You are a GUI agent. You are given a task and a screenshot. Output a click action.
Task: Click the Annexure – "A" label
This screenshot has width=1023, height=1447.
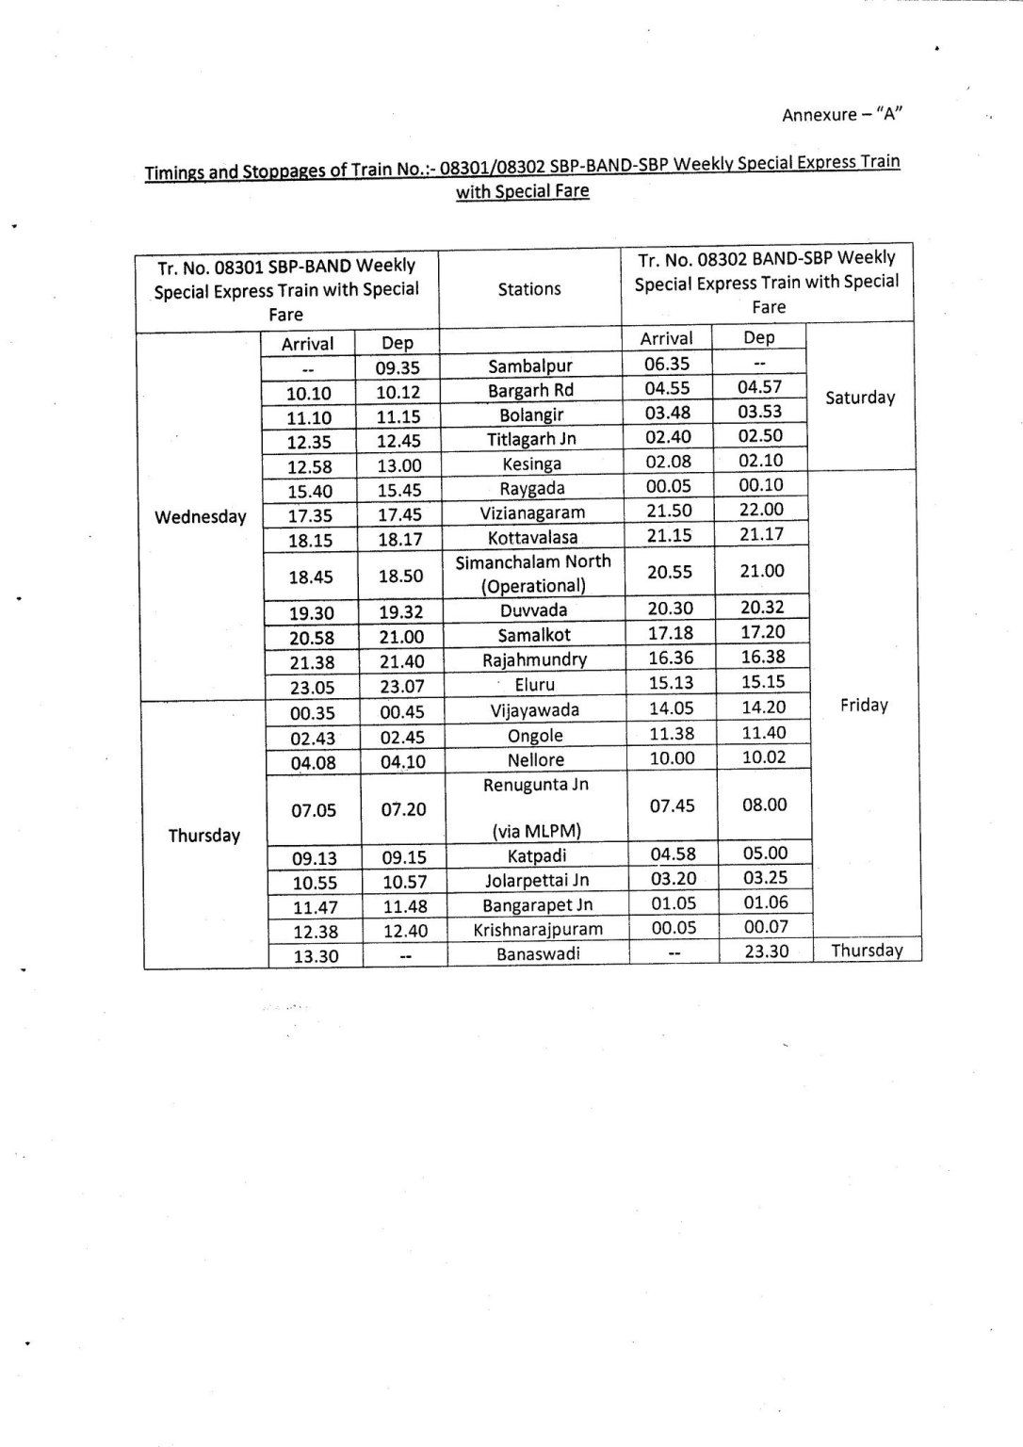842,115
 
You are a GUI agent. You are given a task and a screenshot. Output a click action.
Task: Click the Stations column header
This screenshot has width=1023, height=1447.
528,289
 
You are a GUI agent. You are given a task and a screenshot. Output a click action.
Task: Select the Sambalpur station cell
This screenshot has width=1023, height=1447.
530,366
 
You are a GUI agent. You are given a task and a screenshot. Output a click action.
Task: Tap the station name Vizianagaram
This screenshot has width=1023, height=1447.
533,512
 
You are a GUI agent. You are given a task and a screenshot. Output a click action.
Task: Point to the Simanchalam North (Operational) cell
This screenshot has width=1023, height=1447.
533,573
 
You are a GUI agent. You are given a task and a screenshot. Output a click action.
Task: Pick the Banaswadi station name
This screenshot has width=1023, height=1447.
538,953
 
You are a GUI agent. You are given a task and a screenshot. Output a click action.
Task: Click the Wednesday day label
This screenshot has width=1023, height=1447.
200,516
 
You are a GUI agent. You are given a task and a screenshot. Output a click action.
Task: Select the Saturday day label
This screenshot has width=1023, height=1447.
859,398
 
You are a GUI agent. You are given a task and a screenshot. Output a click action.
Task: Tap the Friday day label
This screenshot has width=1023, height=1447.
864,705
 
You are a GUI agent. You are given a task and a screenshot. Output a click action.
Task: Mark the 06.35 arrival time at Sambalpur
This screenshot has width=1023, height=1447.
667,363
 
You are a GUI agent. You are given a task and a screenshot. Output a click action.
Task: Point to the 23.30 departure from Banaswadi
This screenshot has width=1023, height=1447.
766,951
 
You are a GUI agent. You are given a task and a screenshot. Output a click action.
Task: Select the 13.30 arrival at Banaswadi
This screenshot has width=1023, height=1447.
315,957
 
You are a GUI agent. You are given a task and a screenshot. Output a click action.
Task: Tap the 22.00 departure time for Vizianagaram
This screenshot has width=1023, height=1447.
760,510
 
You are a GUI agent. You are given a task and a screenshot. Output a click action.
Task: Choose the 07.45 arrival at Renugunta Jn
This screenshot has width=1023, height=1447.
673,805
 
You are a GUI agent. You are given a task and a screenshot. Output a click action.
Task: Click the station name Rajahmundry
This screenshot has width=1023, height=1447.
534,659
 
